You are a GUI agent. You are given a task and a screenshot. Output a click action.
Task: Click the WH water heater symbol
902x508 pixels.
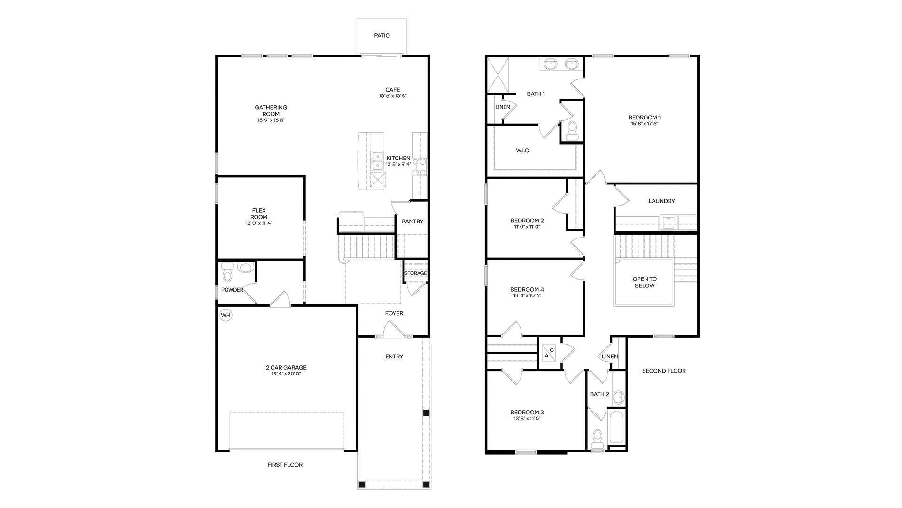pos(226,315)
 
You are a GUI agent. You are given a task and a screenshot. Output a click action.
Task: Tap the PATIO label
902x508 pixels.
pos(382,36)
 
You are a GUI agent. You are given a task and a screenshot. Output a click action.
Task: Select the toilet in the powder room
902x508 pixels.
pos(227,271)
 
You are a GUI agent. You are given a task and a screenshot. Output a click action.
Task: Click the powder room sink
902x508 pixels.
pos(245,268)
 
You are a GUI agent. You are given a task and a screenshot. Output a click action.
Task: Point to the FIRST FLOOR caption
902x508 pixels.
pos(285,465)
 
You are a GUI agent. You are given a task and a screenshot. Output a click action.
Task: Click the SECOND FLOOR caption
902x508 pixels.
pos(664,371)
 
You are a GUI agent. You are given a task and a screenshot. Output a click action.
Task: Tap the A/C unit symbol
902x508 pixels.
pos(549,353)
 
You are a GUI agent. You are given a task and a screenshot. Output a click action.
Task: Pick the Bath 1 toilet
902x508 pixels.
pos(572,130)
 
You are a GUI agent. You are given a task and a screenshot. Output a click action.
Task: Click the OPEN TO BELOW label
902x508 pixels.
pos(645,282)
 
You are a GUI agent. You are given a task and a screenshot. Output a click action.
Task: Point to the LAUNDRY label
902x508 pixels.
pos(661,201)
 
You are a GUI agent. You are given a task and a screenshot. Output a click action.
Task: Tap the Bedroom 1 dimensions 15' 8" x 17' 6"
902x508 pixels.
pos(645,124)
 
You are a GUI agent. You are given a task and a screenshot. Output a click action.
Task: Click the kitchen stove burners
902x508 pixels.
pos(420,167)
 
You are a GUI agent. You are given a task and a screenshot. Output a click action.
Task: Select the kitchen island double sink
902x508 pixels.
pos(377,161)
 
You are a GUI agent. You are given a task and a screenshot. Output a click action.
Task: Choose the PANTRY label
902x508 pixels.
pos(412,222)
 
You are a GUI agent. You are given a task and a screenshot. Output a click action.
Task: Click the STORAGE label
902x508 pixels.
pos(416,273)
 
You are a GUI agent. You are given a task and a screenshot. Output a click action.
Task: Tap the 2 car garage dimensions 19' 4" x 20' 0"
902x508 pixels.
pos(286,374)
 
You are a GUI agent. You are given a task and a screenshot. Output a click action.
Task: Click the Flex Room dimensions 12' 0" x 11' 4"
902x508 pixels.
pos(258,223)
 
